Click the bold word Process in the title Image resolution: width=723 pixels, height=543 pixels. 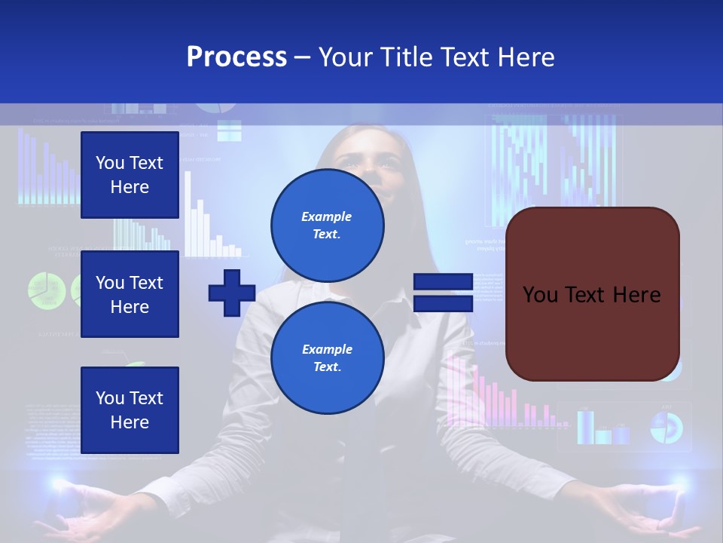coord(236,57)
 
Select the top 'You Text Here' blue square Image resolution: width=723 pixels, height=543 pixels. coord(130,175)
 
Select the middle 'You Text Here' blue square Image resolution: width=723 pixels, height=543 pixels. coord(130,294)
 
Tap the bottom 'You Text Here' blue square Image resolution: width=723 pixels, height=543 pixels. coord(130,410)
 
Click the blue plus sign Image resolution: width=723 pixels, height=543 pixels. coord(232,293)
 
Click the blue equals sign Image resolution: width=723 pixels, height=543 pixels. coord(443,293)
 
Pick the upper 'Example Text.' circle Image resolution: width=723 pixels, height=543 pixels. coord(328,225)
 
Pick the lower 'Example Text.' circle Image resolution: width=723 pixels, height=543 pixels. coord(328,357)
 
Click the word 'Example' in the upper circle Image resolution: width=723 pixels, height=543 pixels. coord(327,216)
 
